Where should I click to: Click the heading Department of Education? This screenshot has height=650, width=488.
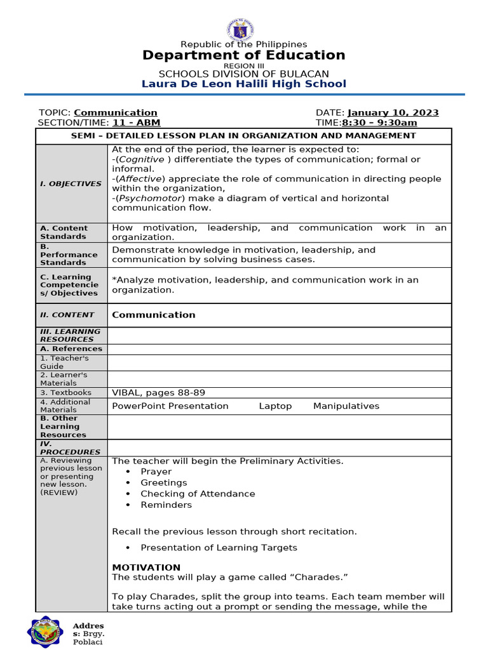tap(243, 55)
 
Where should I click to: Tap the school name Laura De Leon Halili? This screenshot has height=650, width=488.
tap(243, 84)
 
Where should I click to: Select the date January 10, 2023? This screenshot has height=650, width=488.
tap(393, 112)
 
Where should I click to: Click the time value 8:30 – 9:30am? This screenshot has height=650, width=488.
tap(379, 123)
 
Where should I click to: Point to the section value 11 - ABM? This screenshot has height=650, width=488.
tap(136, 123)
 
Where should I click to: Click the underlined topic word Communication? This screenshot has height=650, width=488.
tap(116, 112)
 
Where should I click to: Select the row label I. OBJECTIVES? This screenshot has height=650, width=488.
tap(71, 183)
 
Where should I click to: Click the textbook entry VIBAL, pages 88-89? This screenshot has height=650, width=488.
tap(158, 392)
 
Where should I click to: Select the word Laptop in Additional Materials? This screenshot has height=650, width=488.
tap(275, 406)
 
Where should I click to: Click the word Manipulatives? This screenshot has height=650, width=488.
tap(346, 406)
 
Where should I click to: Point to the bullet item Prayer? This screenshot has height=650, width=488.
tap(156, 472)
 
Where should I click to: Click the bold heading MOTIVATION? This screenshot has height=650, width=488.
tap(146, 567)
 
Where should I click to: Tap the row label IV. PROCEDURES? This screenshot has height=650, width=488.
tap(62, 448)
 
